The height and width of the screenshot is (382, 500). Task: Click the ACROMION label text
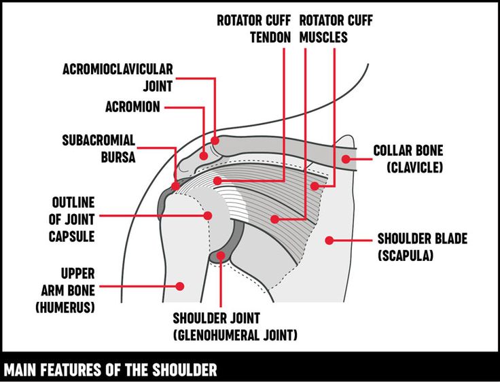[x=132, y=107]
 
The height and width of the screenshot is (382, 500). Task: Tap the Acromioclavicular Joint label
[x=118, y=77]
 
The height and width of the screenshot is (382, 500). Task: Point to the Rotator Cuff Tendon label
[x=253, y=29]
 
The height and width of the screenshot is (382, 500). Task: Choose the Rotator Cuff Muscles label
[x=336, y=29]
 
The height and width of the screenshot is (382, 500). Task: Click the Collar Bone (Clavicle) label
[x=408, y=158]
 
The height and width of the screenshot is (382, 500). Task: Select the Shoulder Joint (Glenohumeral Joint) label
[x=235, y=326]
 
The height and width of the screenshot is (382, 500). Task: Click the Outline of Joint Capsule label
[x=71, y=220]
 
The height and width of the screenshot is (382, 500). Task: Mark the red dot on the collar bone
[x=346, y=159]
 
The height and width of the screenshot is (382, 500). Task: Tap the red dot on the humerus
[x=180, y=286]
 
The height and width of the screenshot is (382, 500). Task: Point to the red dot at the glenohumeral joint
[x=221, y=256]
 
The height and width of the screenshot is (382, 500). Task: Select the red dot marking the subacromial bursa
[x=176, y=184]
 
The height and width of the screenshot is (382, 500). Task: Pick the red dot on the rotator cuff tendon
[x=217, y=180]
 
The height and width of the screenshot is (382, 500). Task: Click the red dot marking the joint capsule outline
[x=208, y=215]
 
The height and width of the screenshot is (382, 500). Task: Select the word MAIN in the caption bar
[x=20, y=370]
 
